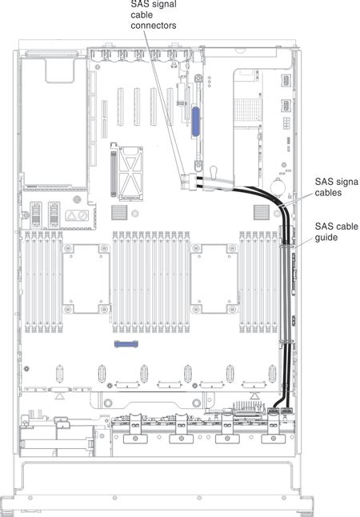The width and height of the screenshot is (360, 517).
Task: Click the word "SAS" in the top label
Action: pos(139,5)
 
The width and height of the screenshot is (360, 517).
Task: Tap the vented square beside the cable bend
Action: pos(260,211)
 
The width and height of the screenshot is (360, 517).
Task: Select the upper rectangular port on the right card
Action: pos(286,82)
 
